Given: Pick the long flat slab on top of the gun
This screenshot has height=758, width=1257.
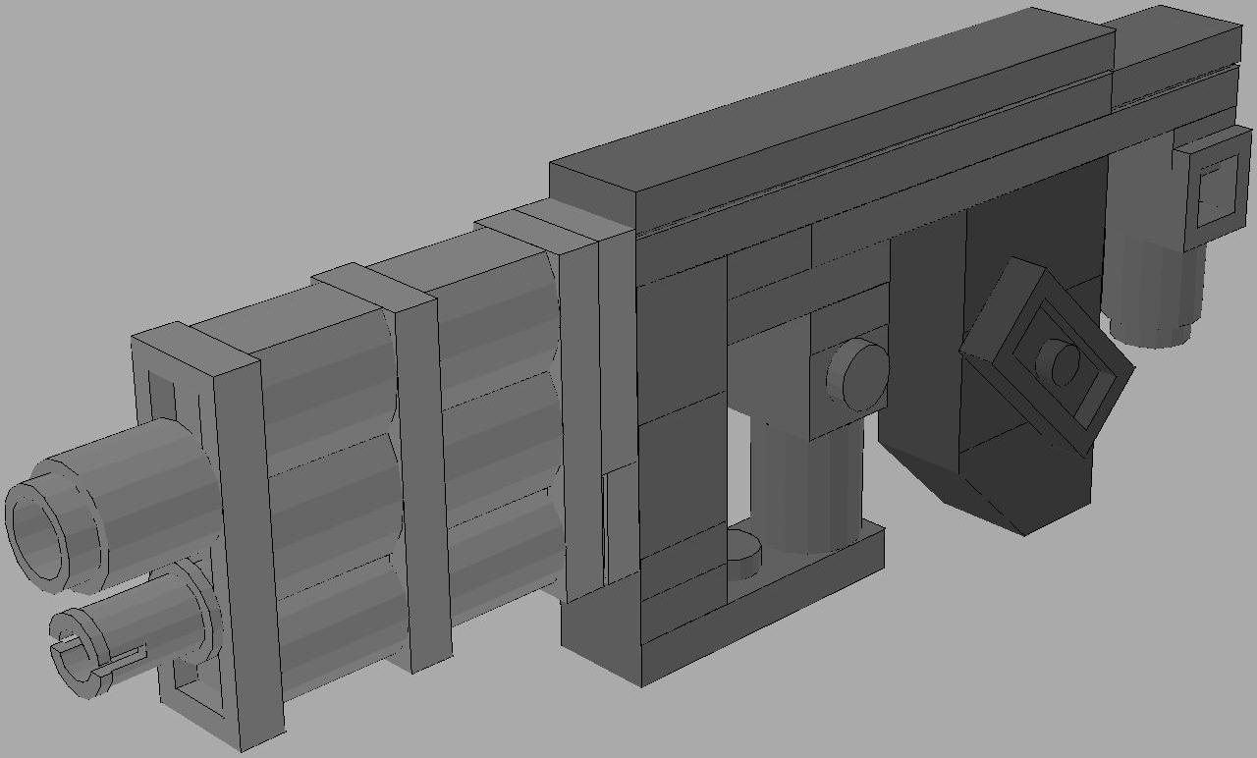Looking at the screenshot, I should [x=835, y=118].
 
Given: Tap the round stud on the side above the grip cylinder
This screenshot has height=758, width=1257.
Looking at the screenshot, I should [x=856, y=375].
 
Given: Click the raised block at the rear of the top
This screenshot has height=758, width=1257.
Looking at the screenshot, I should [x=1175, y=59].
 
